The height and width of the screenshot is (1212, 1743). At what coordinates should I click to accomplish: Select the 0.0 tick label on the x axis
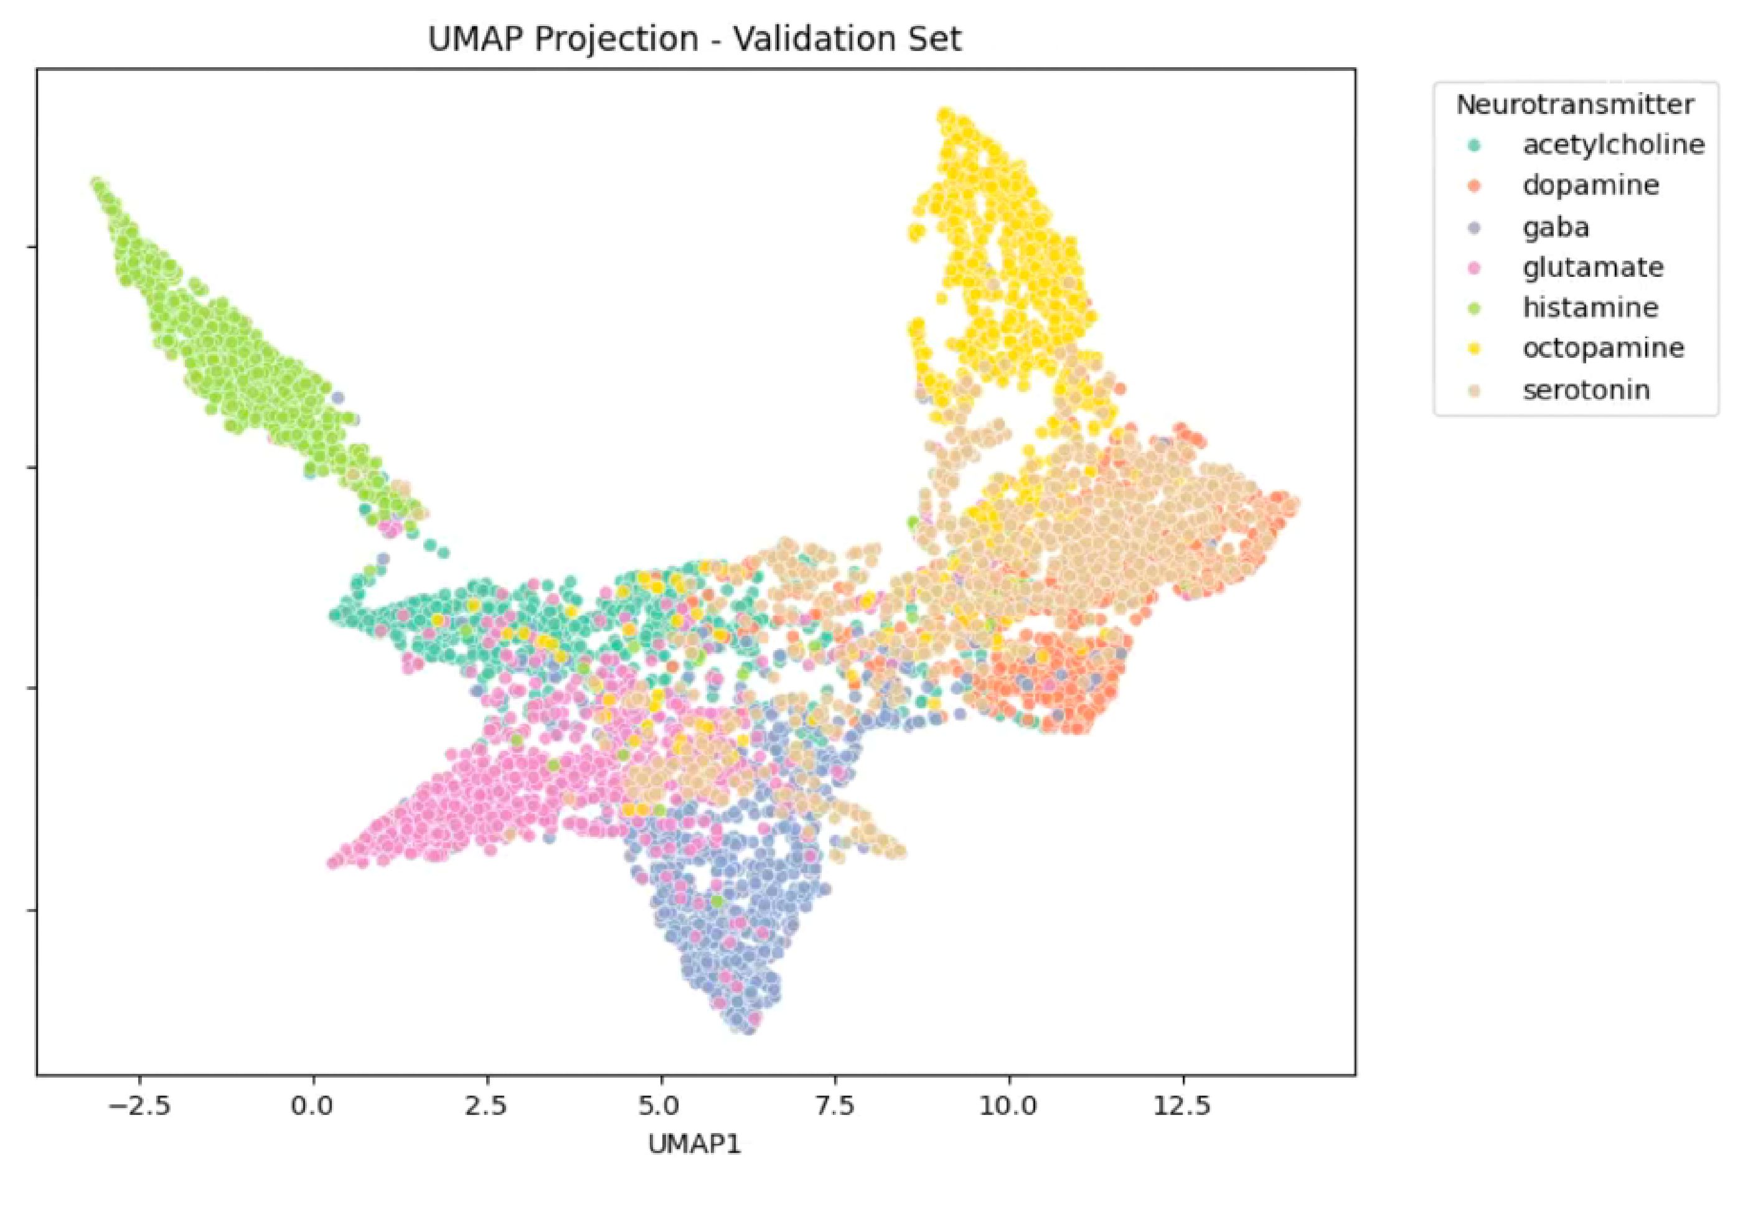point(312,1106)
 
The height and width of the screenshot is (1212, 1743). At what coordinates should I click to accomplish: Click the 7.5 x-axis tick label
point(834,1106)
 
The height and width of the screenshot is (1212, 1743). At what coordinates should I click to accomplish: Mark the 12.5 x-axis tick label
point(1182,1106)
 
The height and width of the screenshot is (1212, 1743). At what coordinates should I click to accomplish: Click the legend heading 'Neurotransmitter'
point(1574,105)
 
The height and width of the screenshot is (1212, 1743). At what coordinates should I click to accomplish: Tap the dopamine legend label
point(1590,185)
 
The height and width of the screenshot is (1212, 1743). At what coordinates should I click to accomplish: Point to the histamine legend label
point(1590,307)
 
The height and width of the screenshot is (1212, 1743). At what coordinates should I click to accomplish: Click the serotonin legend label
point(1586,389)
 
